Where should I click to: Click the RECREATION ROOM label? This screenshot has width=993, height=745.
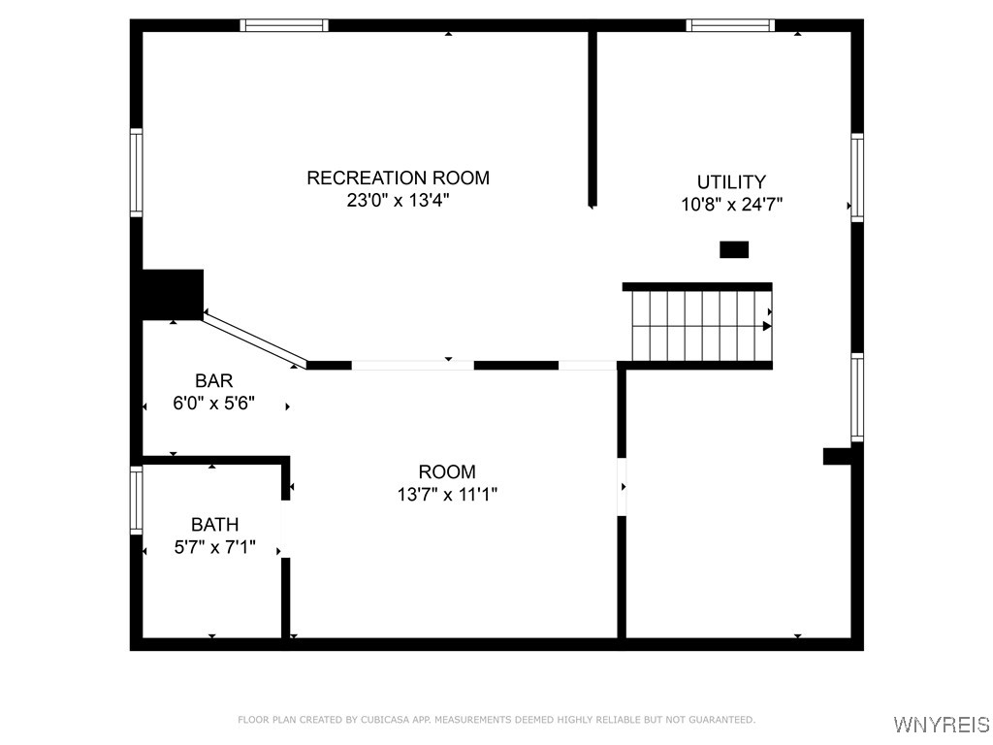398,178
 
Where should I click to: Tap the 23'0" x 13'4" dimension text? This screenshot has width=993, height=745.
398,201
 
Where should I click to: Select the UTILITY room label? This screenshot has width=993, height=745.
731,181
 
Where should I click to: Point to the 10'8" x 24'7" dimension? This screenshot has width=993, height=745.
731,205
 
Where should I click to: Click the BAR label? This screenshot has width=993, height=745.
213,381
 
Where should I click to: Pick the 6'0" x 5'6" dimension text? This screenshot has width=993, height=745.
213,404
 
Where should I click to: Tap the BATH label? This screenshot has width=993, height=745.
214,525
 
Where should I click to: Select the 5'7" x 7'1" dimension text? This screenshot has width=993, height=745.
214,548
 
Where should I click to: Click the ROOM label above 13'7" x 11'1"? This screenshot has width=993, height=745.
447,471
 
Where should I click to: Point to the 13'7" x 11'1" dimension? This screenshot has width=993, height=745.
447,495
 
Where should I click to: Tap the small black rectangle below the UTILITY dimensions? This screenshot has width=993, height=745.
734,249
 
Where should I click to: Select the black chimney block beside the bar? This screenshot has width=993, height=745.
173,294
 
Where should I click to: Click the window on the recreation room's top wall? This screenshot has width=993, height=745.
284,25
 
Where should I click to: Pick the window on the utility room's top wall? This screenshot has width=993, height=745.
730,25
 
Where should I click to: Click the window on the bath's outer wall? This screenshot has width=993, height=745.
137,500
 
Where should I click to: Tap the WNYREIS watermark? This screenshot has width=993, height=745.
941,725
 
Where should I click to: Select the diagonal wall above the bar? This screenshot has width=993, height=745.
254,340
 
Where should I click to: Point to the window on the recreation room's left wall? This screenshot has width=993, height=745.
137,173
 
